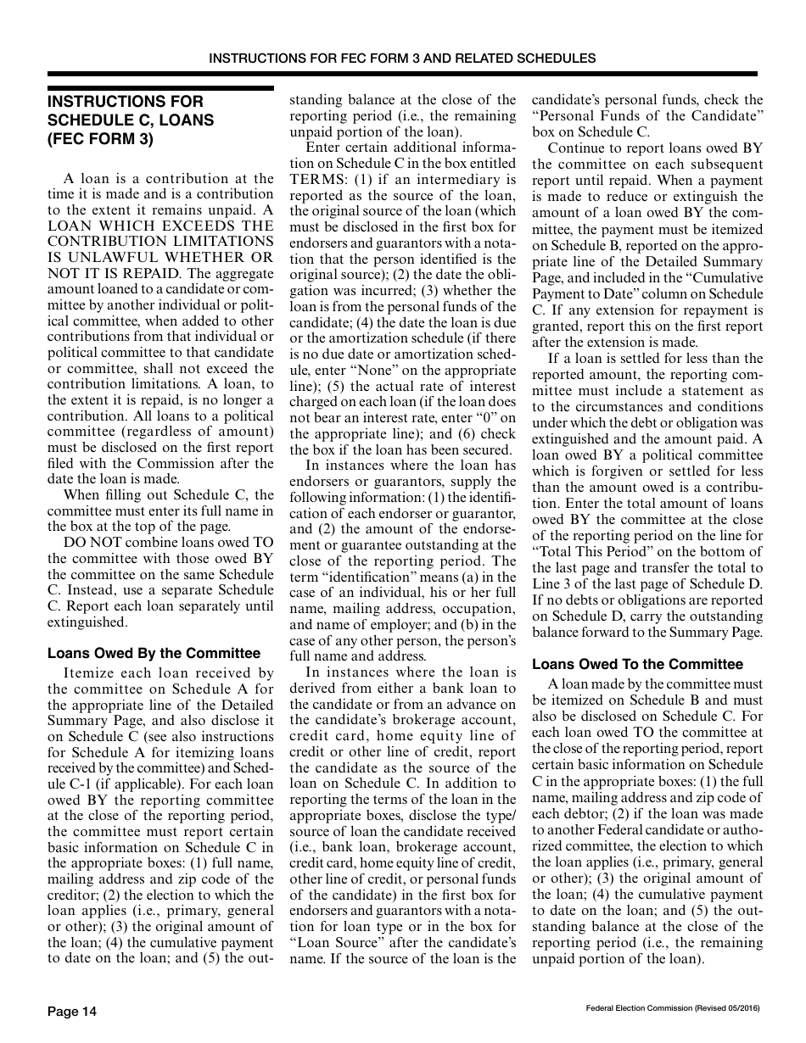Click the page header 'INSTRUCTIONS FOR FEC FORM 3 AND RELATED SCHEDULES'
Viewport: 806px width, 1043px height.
pos(402,59)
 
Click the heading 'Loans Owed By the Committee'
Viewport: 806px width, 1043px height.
pos(154,653)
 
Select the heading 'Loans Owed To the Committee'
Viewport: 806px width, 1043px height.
pos(637,664)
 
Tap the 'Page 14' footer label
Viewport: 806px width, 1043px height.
pos(72,1011)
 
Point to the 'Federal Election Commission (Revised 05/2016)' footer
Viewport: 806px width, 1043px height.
pos(672,1007)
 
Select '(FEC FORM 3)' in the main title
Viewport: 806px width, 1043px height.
pos(100,139)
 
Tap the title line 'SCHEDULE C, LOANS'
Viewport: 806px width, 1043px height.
pos(130,120)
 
